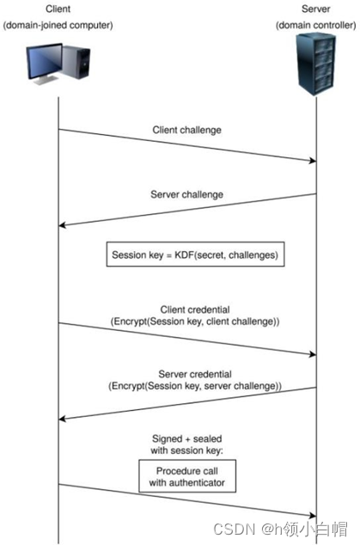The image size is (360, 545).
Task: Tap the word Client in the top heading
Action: [x=58, y=9]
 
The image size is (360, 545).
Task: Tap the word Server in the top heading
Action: [x=315, y=9]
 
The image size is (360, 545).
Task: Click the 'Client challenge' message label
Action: [x=187, y=131]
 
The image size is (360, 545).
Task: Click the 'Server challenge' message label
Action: [x=187, y=194]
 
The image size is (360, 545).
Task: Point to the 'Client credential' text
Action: [x=187, y=309]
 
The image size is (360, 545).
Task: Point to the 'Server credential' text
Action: [x=187, y=374]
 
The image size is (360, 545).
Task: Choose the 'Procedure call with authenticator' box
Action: [x=186, y=478]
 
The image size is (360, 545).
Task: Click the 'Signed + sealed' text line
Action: [x=187, y=438]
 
